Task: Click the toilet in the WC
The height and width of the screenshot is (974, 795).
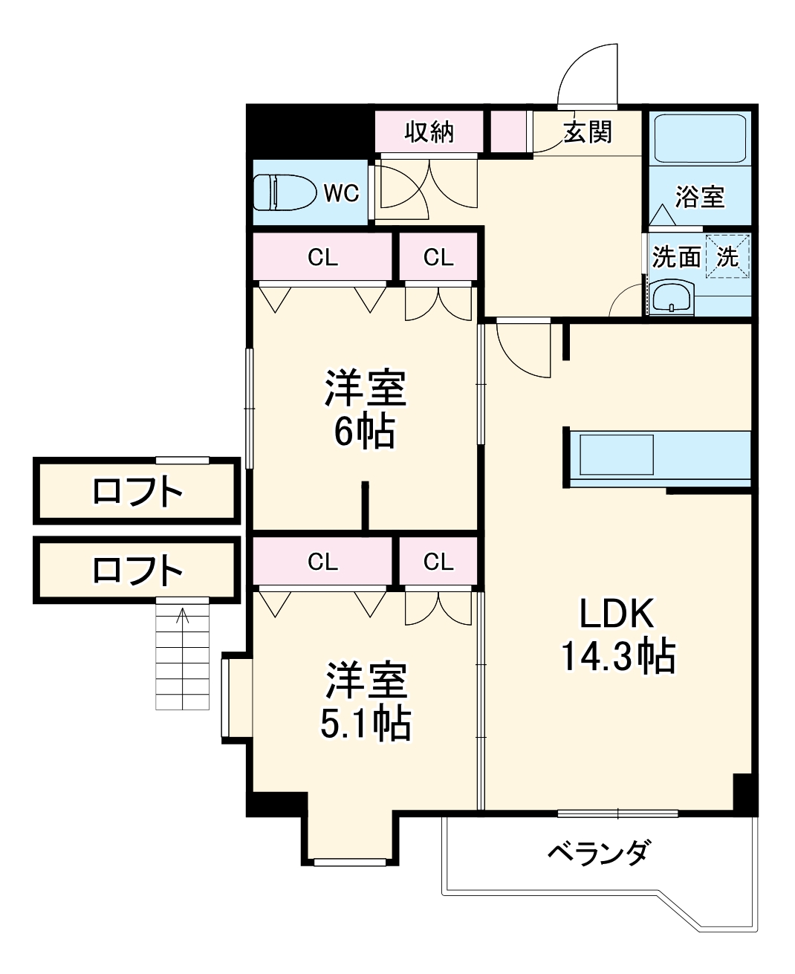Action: coord(282,192)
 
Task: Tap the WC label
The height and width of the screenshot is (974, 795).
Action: coord(341,193)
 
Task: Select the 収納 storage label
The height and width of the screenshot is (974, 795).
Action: coord(429,132)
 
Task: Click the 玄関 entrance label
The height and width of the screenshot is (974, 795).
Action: coord(587,132)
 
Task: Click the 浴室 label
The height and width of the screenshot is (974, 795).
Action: coord(699,197)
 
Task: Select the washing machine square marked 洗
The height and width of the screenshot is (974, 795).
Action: coord(727,256)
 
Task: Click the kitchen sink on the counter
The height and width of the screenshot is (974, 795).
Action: coord(616,454)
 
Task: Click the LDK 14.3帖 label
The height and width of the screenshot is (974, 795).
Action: coord(617,635)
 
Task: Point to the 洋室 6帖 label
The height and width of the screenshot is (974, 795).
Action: coord(365,409)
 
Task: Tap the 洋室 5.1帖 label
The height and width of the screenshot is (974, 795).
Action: coord(365,701)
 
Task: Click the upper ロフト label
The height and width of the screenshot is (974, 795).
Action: coord(137,492)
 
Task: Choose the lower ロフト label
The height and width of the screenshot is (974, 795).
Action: coord(137,571)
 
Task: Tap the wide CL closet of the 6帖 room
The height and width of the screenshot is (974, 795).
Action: coord(322,257)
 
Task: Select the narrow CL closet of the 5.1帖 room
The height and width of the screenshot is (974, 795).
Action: coord(438,562)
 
